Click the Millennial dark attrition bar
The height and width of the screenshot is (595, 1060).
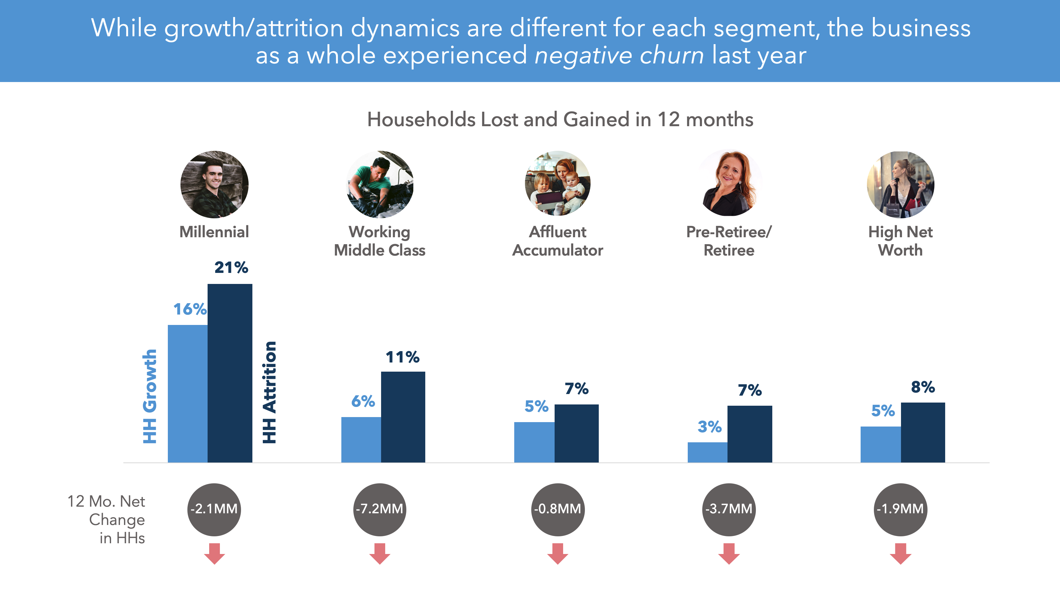pyautogui.click(x=230, y=373)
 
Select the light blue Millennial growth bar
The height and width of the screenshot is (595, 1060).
pyautogui.click(x=188, y=393)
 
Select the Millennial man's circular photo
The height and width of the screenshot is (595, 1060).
pyautogui.click(x=215, y=184)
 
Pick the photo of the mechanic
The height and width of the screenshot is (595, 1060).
pyautogui.click(x=380, y=184)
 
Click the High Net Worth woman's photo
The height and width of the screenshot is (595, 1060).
pyautogui.click(x=900, y=184)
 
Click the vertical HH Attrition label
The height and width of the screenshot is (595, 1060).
pyautogui.click(x=269, y=392)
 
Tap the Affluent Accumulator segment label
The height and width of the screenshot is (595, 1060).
pyautogui.click(x=557, y=241)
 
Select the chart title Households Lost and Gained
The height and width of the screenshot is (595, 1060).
pyautogui.click(x=560, y=120)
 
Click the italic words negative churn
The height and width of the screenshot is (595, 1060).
pyautogui.click(x=619, y=56)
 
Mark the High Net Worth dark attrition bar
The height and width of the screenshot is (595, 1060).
pyautogui.click(x=922, y=432)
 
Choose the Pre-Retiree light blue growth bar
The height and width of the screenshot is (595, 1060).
pyautogui.click(x=707, y=452)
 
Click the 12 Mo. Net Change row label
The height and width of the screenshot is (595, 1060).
pyautogui.click(x=107, y=519)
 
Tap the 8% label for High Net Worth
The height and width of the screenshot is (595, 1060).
pyautogui.click(x=922, y=387)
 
